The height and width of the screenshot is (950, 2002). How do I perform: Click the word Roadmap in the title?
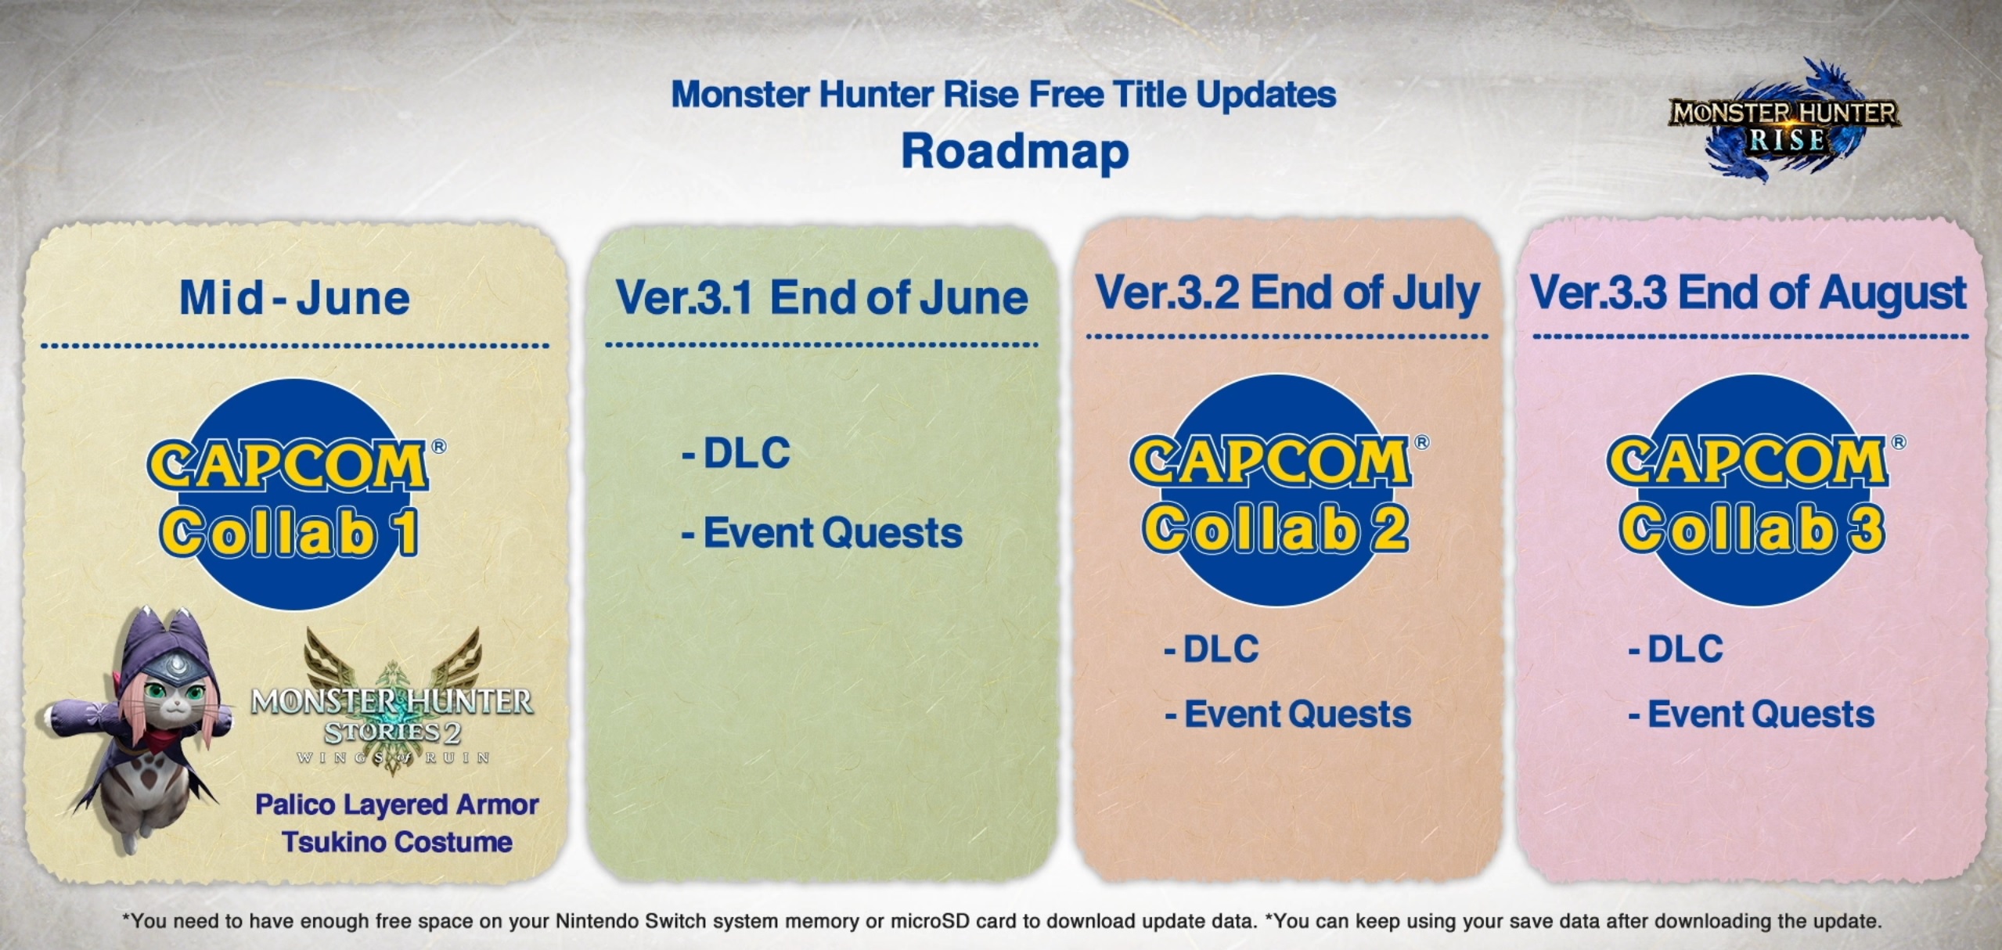click(x=1015, y=152)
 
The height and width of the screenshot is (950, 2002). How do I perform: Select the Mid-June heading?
click(x=295, y=298)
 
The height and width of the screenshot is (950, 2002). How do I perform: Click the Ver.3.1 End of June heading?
click(x=822, y=298)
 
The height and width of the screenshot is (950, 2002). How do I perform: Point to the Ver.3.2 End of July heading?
click(x=1287, y=293)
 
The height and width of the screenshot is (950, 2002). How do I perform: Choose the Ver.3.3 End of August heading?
click(x=1748, y=293)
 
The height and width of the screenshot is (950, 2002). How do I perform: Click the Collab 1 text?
click(x=290, y=532)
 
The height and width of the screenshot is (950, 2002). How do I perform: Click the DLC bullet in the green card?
click(x=736, y=453)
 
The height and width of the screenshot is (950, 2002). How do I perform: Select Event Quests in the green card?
click(x=822, y=534)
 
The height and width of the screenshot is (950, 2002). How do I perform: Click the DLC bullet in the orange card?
click(x=1212, y=649)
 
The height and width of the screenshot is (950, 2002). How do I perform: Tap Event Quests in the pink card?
click(x=1752, y=714)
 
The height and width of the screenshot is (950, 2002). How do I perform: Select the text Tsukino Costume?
click(x=397, y=843)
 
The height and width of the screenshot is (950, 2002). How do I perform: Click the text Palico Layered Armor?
click(x=397, y=805)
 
